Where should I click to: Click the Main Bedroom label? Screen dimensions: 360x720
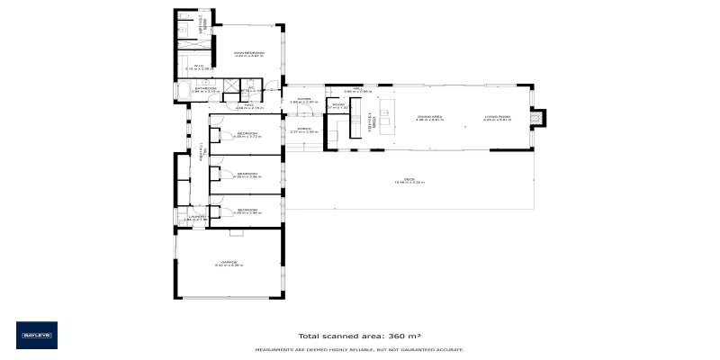coord(249,54)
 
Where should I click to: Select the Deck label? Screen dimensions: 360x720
coord(409,180)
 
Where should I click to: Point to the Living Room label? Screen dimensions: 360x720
coord(497,116)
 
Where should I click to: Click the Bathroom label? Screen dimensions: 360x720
coord(206,88)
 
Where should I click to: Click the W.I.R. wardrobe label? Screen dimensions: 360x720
coord(200,67)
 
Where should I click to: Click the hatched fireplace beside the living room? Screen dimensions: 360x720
coord(537,116)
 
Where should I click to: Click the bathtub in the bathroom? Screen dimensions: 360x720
coord(184,90)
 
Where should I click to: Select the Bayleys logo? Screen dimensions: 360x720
coord(37,335)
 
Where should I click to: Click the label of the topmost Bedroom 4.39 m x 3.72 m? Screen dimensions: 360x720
coord(248,135)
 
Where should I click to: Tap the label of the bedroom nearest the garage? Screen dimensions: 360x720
coord(248,211)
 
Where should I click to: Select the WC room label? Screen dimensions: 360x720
coord(252,88)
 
